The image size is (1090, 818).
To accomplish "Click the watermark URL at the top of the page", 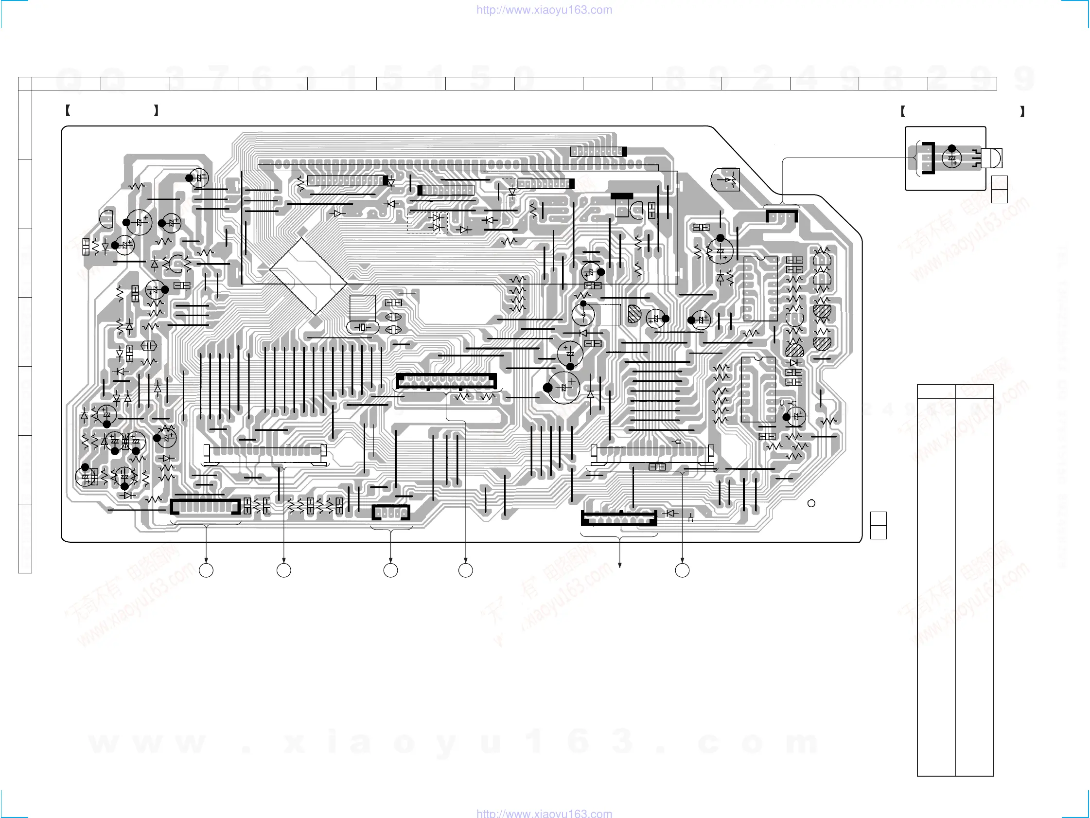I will [x=544, y=10].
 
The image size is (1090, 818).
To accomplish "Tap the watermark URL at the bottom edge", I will [x=544, y=813].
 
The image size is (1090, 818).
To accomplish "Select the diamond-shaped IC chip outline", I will [x=308, y=276].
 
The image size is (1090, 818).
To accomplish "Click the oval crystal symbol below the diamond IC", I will [x=363, y=327].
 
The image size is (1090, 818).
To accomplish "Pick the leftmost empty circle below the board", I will [x=206, y=570].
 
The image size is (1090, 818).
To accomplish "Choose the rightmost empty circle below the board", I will [x=682, y=570].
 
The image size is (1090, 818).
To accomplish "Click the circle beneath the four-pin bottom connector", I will [x=391, y=570].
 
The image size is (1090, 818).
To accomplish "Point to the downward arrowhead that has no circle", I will [x=619, y=565].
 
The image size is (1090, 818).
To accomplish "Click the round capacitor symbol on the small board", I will [x=951, y=158].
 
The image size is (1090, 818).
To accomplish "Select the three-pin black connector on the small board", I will [x=929, y=158].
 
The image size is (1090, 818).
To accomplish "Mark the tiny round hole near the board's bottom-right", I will [x=811, y=503].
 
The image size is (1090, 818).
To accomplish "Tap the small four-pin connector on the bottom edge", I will [x=391, y=513].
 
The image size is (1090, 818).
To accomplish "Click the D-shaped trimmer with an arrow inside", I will [x=726, y=180].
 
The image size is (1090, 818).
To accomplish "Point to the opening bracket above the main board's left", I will [x=68, y=110].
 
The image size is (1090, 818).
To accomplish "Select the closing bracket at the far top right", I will [x=1022, y=112].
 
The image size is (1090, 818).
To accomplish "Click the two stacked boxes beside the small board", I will [x=1000, y=189].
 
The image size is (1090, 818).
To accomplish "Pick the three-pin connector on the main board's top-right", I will [x=782, y=215].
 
